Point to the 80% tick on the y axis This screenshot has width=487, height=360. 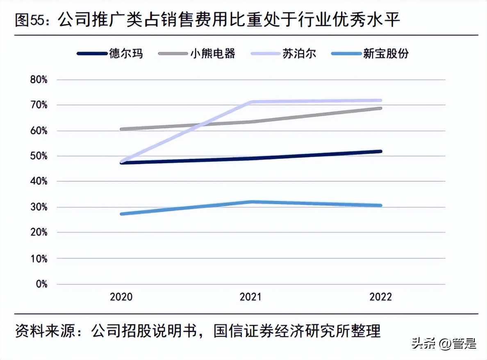[39, 80]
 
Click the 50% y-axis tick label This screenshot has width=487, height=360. [39, 156]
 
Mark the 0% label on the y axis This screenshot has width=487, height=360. [41, 284]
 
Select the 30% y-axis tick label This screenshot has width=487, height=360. [39, 207]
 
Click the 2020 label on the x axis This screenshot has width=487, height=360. [121, 296]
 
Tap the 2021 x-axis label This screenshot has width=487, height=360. [251, 296]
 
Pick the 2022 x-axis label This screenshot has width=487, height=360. [380, 296]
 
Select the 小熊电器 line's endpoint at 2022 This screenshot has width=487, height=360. [380, 108]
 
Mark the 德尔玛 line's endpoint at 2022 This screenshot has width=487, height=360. [380, 151]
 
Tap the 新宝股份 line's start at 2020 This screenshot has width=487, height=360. [122, 214]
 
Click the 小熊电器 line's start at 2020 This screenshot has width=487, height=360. [122, 129]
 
